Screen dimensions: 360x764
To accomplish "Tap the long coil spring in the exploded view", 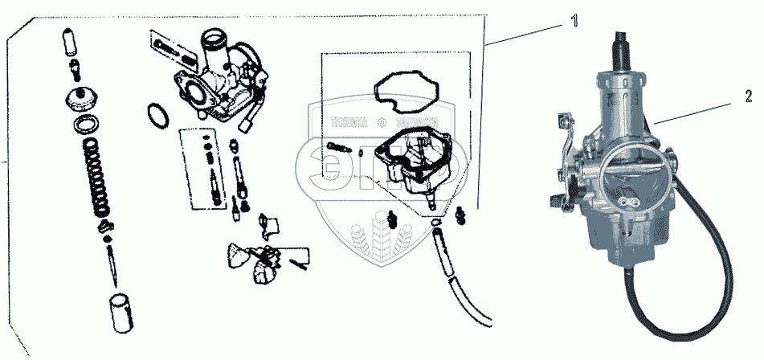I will point(98,178).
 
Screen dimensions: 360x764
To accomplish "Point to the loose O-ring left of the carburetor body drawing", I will point(159,115).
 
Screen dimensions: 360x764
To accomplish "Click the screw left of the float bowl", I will point(338,148).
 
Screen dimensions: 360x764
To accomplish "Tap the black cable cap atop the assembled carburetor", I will point(621,49).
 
